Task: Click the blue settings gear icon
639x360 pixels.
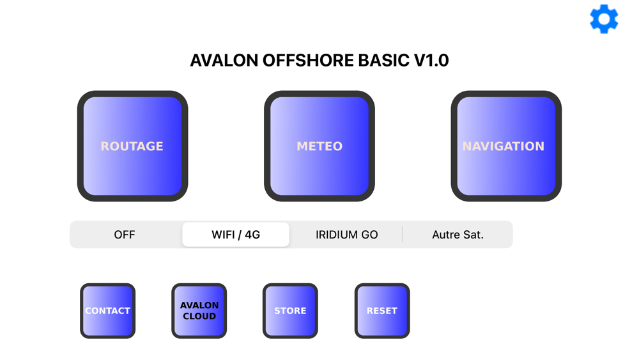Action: pos(604,19)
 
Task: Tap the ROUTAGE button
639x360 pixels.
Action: pos(132,146)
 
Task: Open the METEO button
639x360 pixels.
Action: pos(319,146)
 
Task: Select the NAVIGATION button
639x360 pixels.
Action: pos(506,146)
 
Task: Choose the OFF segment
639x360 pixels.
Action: pos(125,235)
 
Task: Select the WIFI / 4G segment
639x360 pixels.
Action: pos(236,235)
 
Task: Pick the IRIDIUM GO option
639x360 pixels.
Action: pos(346,235)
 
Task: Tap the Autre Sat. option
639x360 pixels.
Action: pos(458,235)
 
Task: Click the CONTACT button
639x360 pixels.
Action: pos(107,311)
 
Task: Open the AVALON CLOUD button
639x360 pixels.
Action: pos(199,311)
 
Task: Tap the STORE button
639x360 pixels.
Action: pos(290,311)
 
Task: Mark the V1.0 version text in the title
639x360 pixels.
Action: pos(431,61)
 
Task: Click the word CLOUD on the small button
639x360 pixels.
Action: pos(199,317)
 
